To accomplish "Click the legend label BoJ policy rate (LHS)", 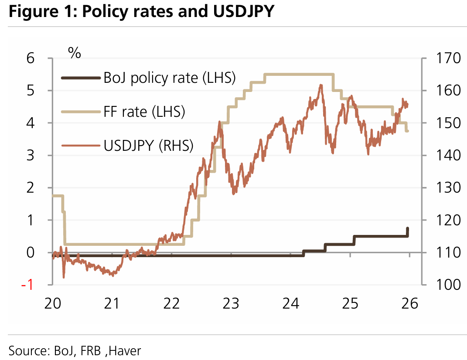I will click(170, 78).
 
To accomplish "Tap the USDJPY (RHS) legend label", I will click(148, 145).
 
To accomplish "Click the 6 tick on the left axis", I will click(42, 58).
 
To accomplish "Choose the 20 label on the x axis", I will click(52, 303).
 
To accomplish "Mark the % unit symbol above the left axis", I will click(75, 53).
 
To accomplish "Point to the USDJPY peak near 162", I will click(320, 85).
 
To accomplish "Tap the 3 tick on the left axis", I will click(42, 156).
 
